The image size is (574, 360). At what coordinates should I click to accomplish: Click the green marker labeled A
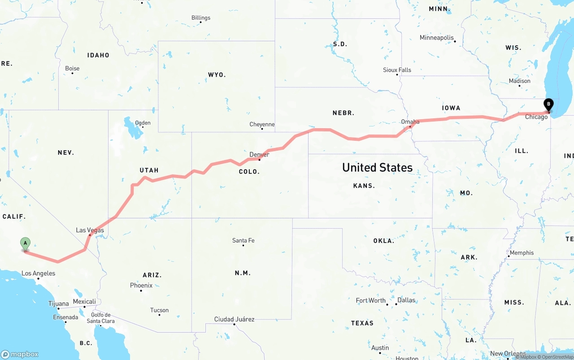[x=26, y=244]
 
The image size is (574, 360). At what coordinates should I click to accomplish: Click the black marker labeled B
[x=548, y=104]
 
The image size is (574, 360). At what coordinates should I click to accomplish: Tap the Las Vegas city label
[x=90, y=230]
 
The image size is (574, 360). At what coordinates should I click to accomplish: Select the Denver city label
[x=259, y=154]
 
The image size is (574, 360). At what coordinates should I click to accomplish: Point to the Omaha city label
[x=410, y=121]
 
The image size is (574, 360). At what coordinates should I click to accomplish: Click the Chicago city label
[x=536, y=117]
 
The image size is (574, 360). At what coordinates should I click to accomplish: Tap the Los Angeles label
[x=39, y=273]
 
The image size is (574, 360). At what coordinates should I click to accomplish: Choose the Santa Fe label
[x=243, y=240]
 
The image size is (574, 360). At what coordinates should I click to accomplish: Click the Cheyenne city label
[x=262, y=124]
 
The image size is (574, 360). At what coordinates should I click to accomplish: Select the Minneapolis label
[x=437, y=38]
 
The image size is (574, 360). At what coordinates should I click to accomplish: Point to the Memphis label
[x=522, y=252]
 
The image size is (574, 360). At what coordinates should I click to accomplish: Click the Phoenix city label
[x=141, y=285]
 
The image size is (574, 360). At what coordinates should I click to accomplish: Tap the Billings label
[x=201, y=18]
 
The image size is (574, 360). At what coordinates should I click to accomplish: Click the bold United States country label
[x=377, y=167]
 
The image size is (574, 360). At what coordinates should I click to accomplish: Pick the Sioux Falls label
[x=397, y=70]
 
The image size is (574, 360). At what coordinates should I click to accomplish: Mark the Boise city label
[x=72, y=68]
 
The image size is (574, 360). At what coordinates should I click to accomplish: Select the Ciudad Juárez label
[x=234, y=319]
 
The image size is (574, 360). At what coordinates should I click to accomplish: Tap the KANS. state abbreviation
[x=364, y=186]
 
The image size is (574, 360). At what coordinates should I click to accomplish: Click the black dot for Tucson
[x=159, y=315]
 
